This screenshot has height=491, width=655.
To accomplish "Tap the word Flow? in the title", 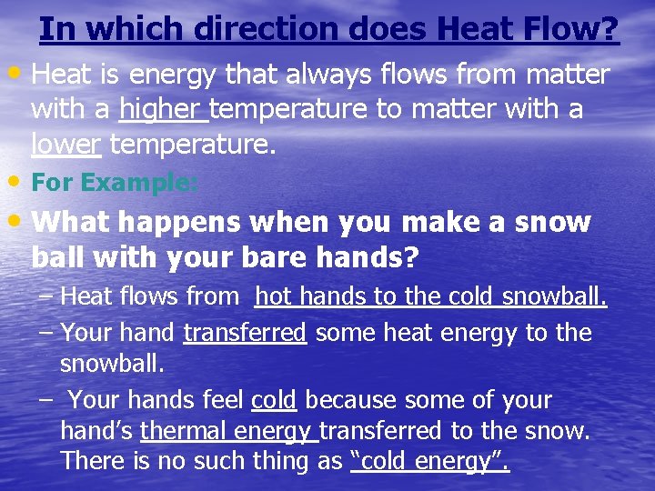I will pos(577,29).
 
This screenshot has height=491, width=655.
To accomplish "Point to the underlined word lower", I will pos(65,144).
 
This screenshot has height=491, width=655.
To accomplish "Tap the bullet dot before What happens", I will pos(18,219).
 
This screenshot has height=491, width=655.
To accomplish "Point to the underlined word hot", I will pos(273,296).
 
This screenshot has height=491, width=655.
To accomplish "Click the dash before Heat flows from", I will pos(45,296).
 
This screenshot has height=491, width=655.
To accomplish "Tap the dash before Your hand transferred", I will pos(45,331).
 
